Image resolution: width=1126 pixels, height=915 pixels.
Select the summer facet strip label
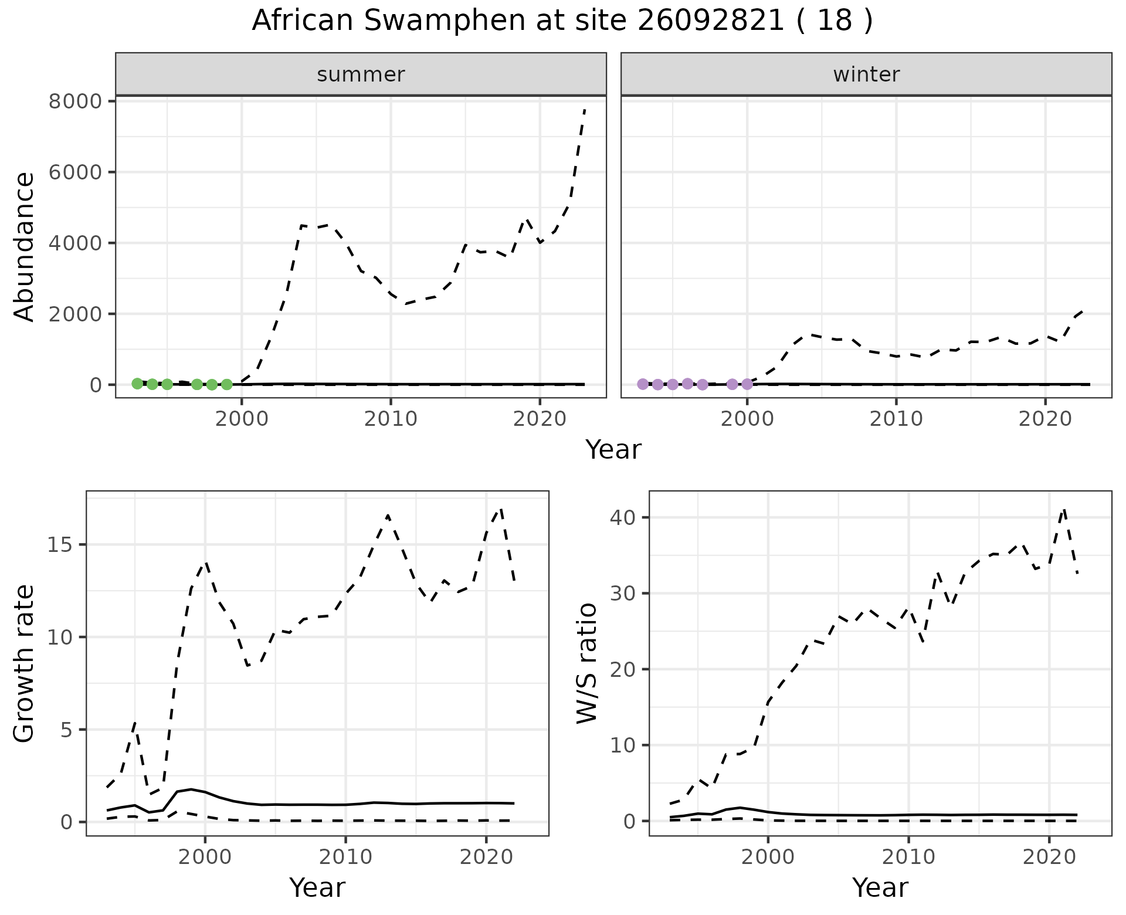coord(361,74)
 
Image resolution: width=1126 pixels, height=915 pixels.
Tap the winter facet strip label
coord(866,74)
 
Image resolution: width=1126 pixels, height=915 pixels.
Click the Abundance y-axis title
coord(25,246)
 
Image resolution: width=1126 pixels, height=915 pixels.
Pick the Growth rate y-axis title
coord(25,664)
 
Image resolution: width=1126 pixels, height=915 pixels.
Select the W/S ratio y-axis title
coord(587,663)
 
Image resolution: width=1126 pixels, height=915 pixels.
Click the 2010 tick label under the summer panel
coord(390,419)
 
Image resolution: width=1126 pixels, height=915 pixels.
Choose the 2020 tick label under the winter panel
coord(1044,419)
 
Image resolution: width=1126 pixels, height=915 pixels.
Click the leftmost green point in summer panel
coord(137,384)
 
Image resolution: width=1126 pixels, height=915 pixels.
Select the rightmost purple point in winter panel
coord(747,384)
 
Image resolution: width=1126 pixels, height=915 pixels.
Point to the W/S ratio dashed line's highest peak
coord(1064,510)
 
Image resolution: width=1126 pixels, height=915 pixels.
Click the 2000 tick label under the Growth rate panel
coord(205,857)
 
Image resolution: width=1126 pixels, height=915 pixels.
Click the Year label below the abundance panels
coord(613,450)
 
